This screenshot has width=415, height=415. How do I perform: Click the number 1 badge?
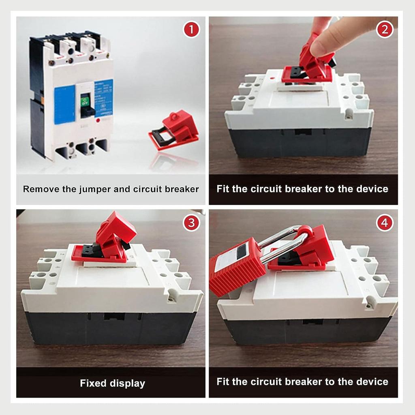coord(191,30)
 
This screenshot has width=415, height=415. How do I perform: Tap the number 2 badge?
coord(385,30)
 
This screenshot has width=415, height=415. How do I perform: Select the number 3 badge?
coord(191,222)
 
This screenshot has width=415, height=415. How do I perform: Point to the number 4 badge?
coord(385,222)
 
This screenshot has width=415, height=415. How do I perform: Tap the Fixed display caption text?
coord(112,383)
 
